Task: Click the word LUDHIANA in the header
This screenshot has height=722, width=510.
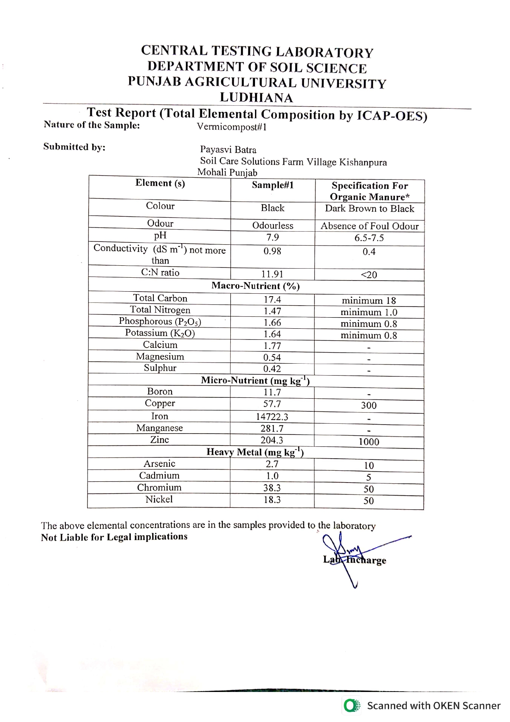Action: (256, 98)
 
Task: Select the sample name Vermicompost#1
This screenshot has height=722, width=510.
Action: (232, 127)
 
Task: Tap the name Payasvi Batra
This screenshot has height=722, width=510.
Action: (228, 150)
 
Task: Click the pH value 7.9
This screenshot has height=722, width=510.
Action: (272, 237)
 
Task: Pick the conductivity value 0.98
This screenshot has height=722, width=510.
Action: (272, 251)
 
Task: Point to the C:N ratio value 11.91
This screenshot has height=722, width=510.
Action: (272, 274)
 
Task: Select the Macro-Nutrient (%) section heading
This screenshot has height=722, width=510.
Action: (255, 286)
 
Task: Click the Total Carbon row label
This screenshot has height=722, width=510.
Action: (160, 298)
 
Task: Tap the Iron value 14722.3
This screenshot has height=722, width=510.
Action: (272, 417)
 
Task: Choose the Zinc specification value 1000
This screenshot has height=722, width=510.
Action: (369, 442)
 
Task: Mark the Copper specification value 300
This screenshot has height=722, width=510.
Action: (369, 405)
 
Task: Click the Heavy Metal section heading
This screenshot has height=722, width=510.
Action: (255, 452)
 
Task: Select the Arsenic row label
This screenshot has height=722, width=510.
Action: (159, 464)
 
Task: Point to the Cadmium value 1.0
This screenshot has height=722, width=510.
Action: (272, 476)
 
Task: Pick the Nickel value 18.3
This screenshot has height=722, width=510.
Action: (272, 500)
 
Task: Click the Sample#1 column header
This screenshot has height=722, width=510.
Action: (273, 185)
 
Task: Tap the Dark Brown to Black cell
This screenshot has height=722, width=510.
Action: (369, 209)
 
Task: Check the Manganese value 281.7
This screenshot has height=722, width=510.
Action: (272, 428)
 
